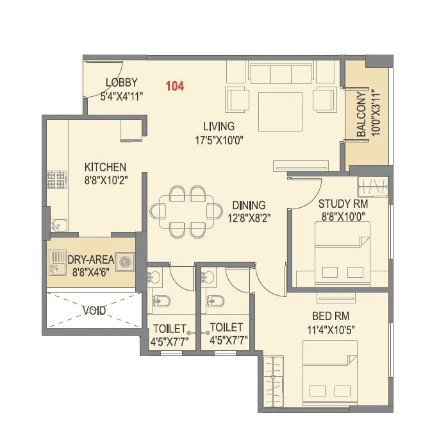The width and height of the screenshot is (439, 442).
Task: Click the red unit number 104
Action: [x=175, y=86]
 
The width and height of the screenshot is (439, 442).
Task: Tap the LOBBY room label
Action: [x=122, y=82]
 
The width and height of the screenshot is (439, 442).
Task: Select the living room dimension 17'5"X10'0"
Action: [x=219, y=139]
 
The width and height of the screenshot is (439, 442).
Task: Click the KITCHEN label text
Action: [x=105, y=167]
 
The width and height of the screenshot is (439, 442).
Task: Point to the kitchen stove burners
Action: [x=56, y=179]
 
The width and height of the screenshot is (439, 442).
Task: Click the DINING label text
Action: [x=249, y=205]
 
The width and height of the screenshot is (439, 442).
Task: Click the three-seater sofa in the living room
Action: [x=281, y=74]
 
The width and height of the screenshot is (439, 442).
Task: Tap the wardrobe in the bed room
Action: [x=273, y=382]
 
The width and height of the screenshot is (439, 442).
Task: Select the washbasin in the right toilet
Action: [x=208, y=277]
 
